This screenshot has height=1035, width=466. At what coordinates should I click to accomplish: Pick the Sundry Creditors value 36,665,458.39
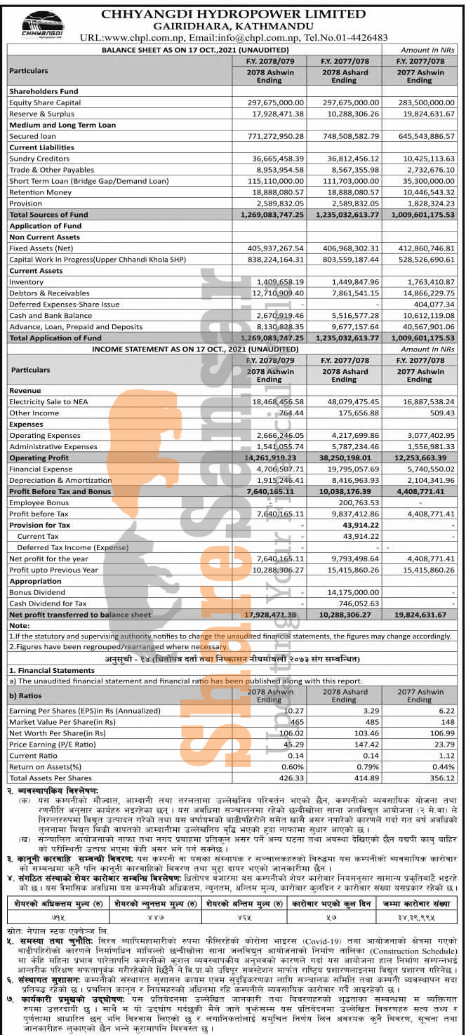pos(270,159)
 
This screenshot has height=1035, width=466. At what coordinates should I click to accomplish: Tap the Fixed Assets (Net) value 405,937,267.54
pos(270,248)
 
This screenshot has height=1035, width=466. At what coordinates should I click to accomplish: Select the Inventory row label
pos(26,281)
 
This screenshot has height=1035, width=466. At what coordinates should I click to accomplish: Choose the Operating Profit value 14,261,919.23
pos(270,458)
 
